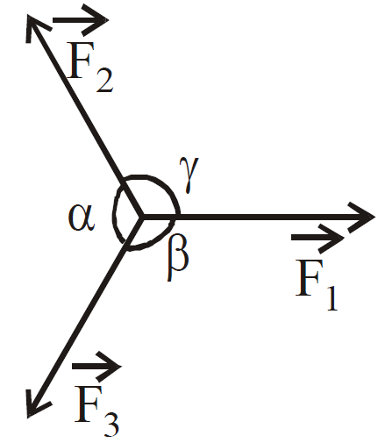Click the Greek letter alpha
pyautogui.click(x=82, y=218)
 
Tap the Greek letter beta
pyautogui.click(x=178, y=257)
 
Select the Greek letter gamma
pyautogui.click(x=189, y=175)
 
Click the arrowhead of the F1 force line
pyautogui.click(x=361, y=217)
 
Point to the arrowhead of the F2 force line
pyautogui.click(x=38, y=29)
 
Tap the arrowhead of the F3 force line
pyautogui.click(x=38, y=404)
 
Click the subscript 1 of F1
pyautogui.click(x=332, y=298)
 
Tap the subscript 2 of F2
pyautogui.click(x=104, y=81)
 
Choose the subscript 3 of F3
pyautogui.click(x=111, y=425)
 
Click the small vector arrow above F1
pyautogui.click(x=317, y=238)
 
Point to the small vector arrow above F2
pyautogui.click(x=81, y=20)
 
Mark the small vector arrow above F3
pyautogui.click(x=96, y=367)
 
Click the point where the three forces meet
pyautogui.click(x=141, y=217)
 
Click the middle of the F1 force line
pyautogui.click(x=258, y=217)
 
